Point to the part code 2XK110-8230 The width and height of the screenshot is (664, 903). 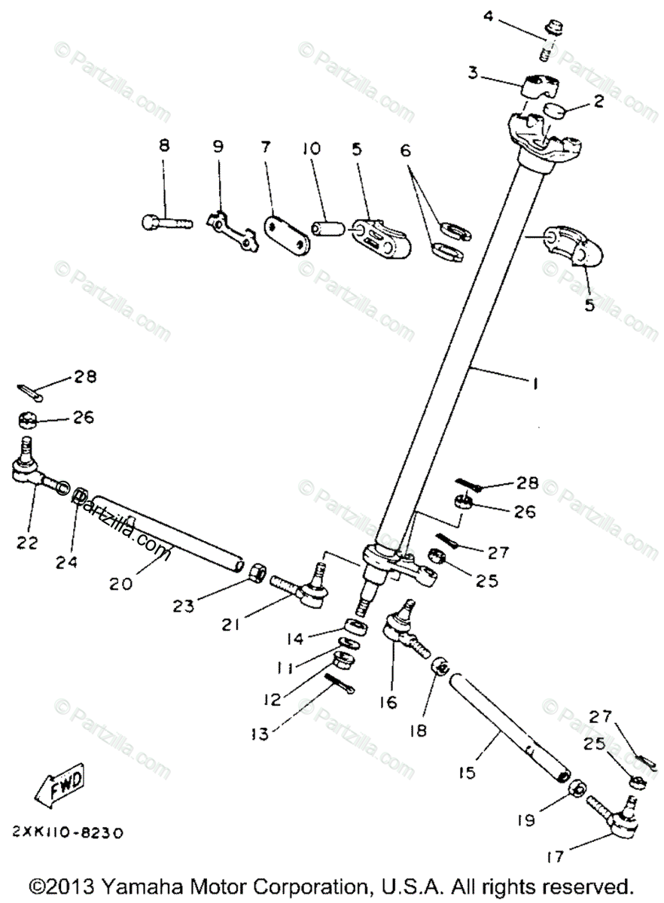click(x=67, y=833)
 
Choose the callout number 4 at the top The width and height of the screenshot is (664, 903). click(x=489, y=16)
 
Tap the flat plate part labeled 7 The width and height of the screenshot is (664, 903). click(x=286, y=234)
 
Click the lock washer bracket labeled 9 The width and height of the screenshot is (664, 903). click(x=232, y=230)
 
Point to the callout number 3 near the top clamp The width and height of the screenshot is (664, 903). click(x=473, y=73)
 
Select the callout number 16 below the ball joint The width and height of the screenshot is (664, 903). click(x=389, y=701)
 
